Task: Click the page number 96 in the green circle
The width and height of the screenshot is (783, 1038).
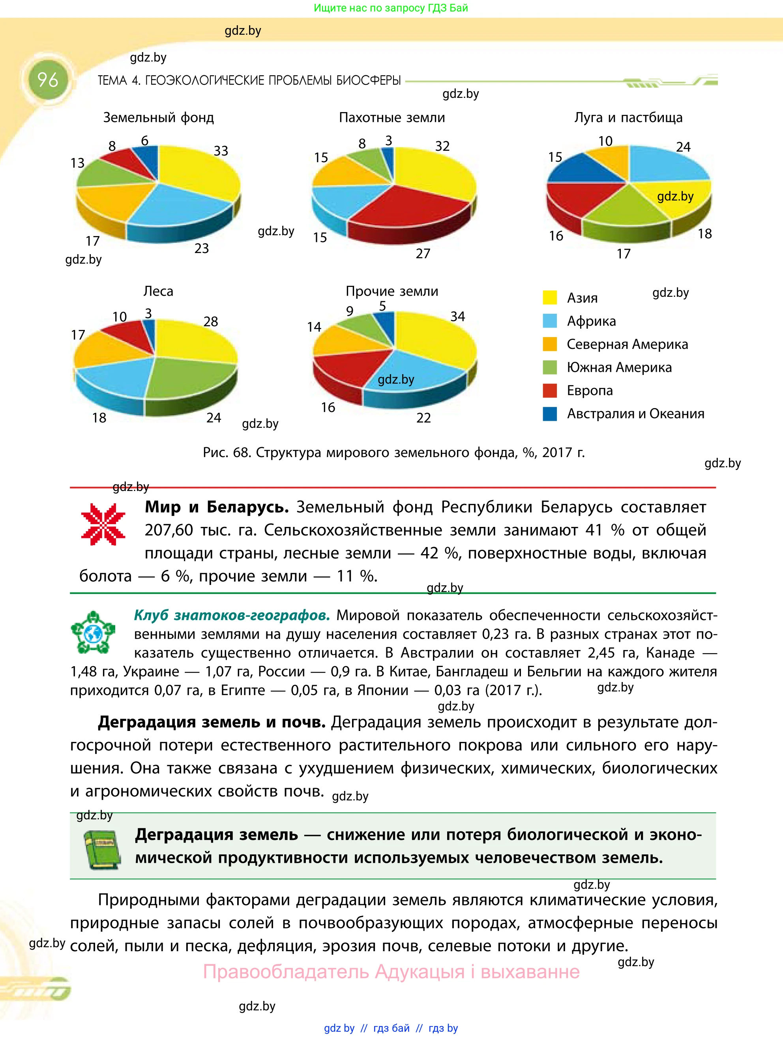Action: click(x=47, y=80)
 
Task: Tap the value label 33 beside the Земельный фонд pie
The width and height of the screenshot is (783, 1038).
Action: click(x=221, y=151)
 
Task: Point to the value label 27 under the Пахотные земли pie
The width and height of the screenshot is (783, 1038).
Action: click(x=423, y=253)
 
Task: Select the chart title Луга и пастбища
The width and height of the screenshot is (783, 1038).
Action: click(x=628, y=117)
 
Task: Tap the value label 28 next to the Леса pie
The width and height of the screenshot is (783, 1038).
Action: click(x=211, y=321)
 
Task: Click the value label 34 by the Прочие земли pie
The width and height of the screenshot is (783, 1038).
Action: click(x=457, y=316)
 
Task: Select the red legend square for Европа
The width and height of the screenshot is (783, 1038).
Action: click(x=549, y=390)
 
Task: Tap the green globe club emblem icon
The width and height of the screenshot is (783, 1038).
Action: click(x=93, y=633)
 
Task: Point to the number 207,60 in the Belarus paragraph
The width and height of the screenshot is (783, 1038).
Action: click(x=169, y=530)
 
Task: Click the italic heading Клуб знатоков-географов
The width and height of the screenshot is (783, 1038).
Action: click(x=232, y=615)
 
